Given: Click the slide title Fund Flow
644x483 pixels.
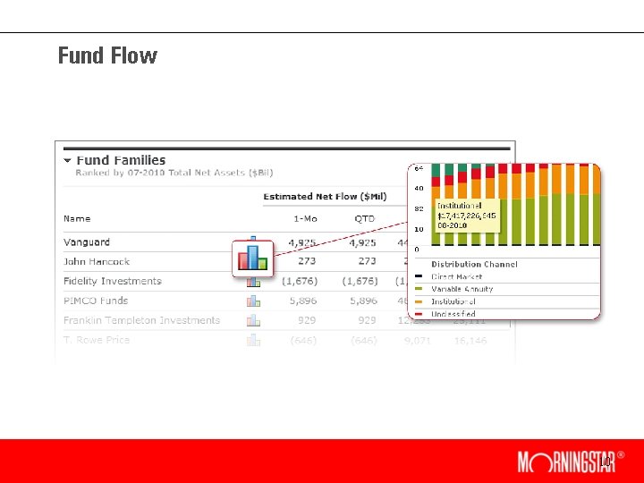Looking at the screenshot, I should point(107,55).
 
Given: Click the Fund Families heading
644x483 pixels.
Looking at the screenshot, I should point(121,160).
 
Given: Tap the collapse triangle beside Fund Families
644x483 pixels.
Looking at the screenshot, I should point(67,161).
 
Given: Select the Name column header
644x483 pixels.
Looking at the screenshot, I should point(77,218).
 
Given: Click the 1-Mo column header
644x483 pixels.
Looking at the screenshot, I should point(304,218).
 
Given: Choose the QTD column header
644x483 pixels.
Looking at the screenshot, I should point(364,218).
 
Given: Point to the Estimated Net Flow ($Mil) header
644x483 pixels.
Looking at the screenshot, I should point(326,197).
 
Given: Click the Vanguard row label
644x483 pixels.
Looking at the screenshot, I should point(87,242).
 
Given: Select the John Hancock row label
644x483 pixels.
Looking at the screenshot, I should point(97,262).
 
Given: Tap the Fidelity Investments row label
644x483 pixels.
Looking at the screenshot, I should point(113,281).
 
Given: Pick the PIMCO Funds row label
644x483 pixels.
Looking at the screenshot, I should point(96,301).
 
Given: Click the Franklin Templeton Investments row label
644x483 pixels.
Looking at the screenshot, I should point(141,320).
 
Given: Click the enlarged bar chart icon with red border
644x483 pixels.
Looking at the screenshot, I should point(252,258).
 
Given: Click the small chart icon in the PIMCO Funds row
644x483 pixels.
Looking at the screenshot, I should point(253,301).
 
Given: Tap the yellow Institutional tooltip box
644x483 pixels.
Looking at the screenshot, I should point(465,216).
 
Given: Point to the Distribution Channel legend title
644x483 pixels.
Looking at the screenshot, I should point(474,265).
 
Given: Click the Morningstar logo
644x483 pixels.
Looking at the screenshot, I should point(565,462).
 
